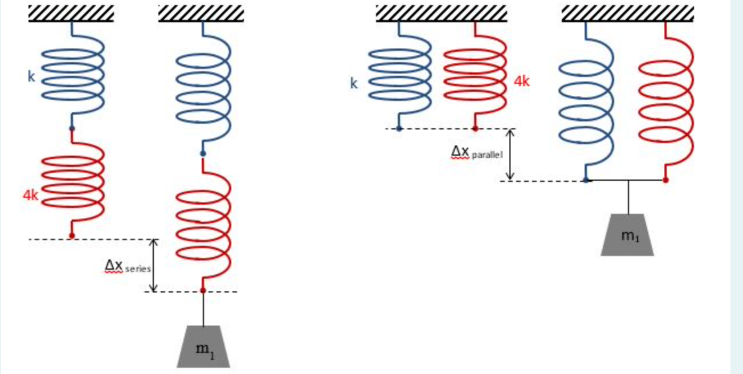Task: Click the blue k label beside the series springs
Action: (x=31, y=76)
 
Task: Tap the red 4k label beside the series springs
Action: (x=31, y=196)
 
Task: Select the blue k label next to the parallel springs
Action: (x=354, y=84)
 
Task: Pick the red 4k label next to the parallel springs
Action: (x=521, y=82)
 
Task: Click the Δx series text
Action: (x=127, y=266)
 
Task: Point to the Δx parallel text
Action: (x=476, y=152)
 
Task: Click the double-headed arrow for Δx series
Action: (x=153, y=266)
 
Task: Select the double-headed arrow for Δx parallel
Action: (x=511, y=155)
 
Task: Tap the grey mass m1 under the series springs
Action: (x=203, y=347)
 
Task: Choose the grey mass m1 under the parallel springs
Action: (x=627, y=235)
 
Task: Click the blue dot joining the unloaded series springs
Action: (x=72, y=128)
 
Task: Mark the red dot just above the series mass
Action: (x=203, y=290)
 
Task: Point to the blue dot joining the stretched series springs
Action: (x=203, y=153)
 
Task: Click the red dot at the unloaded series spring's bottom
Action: (x=72, y=235)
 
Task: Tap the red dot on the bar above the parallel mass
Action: (x=666, y=180)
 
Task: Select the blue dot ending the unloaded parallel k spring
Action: (x=399, y=128)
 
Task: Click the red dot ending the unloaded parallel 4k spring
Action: (x=475, y=128)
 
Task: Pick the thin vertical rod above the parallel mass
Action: (x=628, y=197)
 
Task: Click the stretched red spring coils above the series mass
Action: (x=203, y=225)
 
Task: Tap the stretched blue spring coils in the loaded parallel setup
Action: (x=586, y=103)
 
